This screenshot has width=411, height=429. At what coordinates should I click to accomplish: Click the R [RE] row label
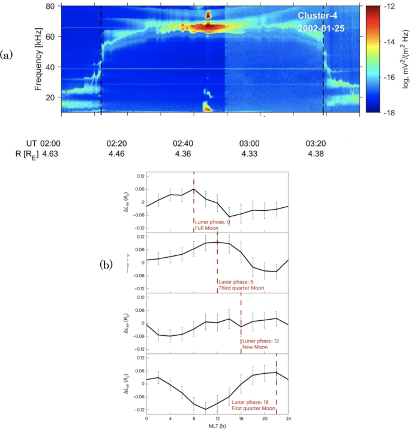click(26, 154)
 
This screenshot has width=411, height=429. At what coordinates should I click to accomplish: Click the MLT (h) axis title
click(217, 425)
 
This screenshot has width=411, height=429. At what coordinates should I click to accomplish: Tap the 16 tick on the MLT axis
click(241, 418)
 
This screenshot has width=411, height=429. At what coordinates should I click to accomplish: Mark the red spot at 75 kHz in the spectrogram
click(208, 14)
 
